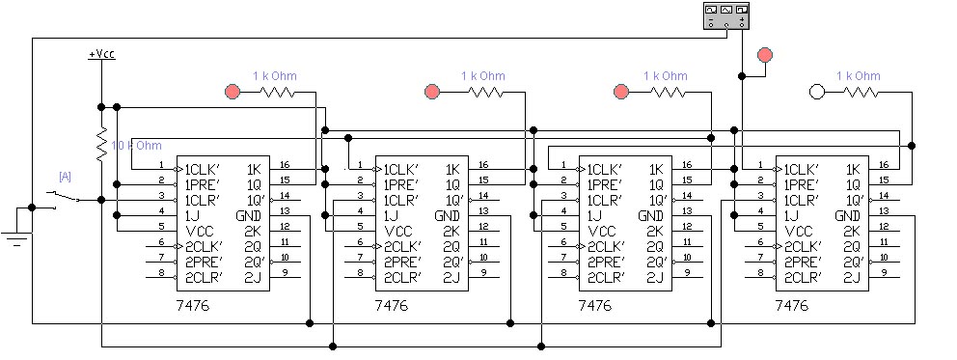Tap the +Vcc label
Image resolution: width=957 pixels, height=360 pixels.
coord(101,55)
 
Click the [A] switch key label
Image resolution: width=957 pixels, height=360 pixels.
coord(65,176)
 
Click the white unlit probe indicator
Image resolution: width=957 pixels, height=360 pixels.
coord(817,92)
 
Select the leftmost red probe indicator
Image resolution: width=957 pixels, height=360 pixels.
coord(232,92)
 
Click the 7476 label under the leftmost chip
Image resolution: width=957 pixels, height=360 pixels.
coord(192,305)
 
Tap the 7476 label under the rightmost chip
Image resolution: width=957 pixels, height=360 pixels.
coord(791,305)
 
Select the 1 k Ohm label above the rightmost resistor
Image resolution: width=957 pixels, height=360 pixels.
coord(858,75)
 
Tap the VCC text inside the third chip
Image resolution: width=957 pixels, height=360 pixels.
coord(603,231)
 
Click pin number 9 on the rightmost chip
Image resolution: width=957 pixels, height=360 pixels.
coord(886,273)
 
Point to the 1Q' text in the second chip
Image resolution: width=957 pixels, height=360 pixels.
coord(451,200)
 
